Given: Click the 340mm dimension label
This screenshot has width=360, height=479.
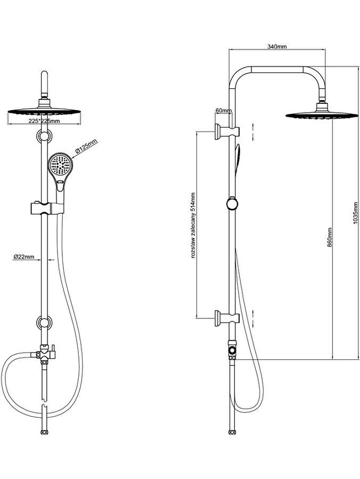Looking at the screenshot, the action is pyautogui.click(x=277, y=47).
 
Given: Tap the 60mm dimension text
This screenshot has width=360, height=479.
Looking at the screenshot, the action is pyautogui.click(x=223, y=110).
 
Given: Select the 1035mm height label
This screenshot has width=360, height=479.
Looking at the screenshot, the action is pyautogui.click(x=355, y=213).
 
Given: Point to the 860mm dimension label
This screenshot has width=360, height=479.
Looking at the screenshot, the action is pyautogui.click(x=329, y=237).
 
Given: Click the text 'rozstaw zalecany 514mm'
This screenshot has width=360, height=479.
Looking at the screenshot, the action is pyautogui.click(x=193, y=225).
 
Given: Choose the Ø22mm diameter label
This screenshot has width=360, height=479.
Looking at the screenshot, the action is pyautogui.click(x=24, y=257).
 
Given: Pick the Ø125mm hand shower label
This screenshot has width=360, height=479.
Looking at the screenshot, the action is pyautogui.click(x=86, y=146).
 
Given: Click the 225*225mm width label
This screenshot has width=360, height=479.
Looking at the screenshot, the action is pyautogui.click(x=44, y=121).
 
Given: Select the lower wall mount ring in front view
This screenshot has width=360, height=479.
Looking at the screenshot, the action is pyautogui.click(x=44, y=323).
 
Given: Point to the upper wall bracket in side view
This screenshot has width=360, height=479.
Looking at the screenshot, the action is pyautogui.click(x=227, y=131).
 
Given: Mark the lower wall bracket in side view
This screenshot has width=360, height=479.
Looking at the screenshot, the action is pyautogui.click(x=227, y=318).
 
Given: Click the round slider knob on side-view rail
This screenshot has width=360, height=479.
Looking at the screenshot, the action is pyautogui.click(x=232, y=204).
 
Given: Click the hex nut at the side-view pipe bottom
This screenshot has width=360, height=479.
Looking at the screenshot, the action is pyautogui.click(x=232, y=432).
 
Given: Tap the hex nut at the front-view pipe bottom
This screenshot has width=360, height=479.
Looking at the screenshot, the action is pyautogui.click(x=45, y=432).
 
